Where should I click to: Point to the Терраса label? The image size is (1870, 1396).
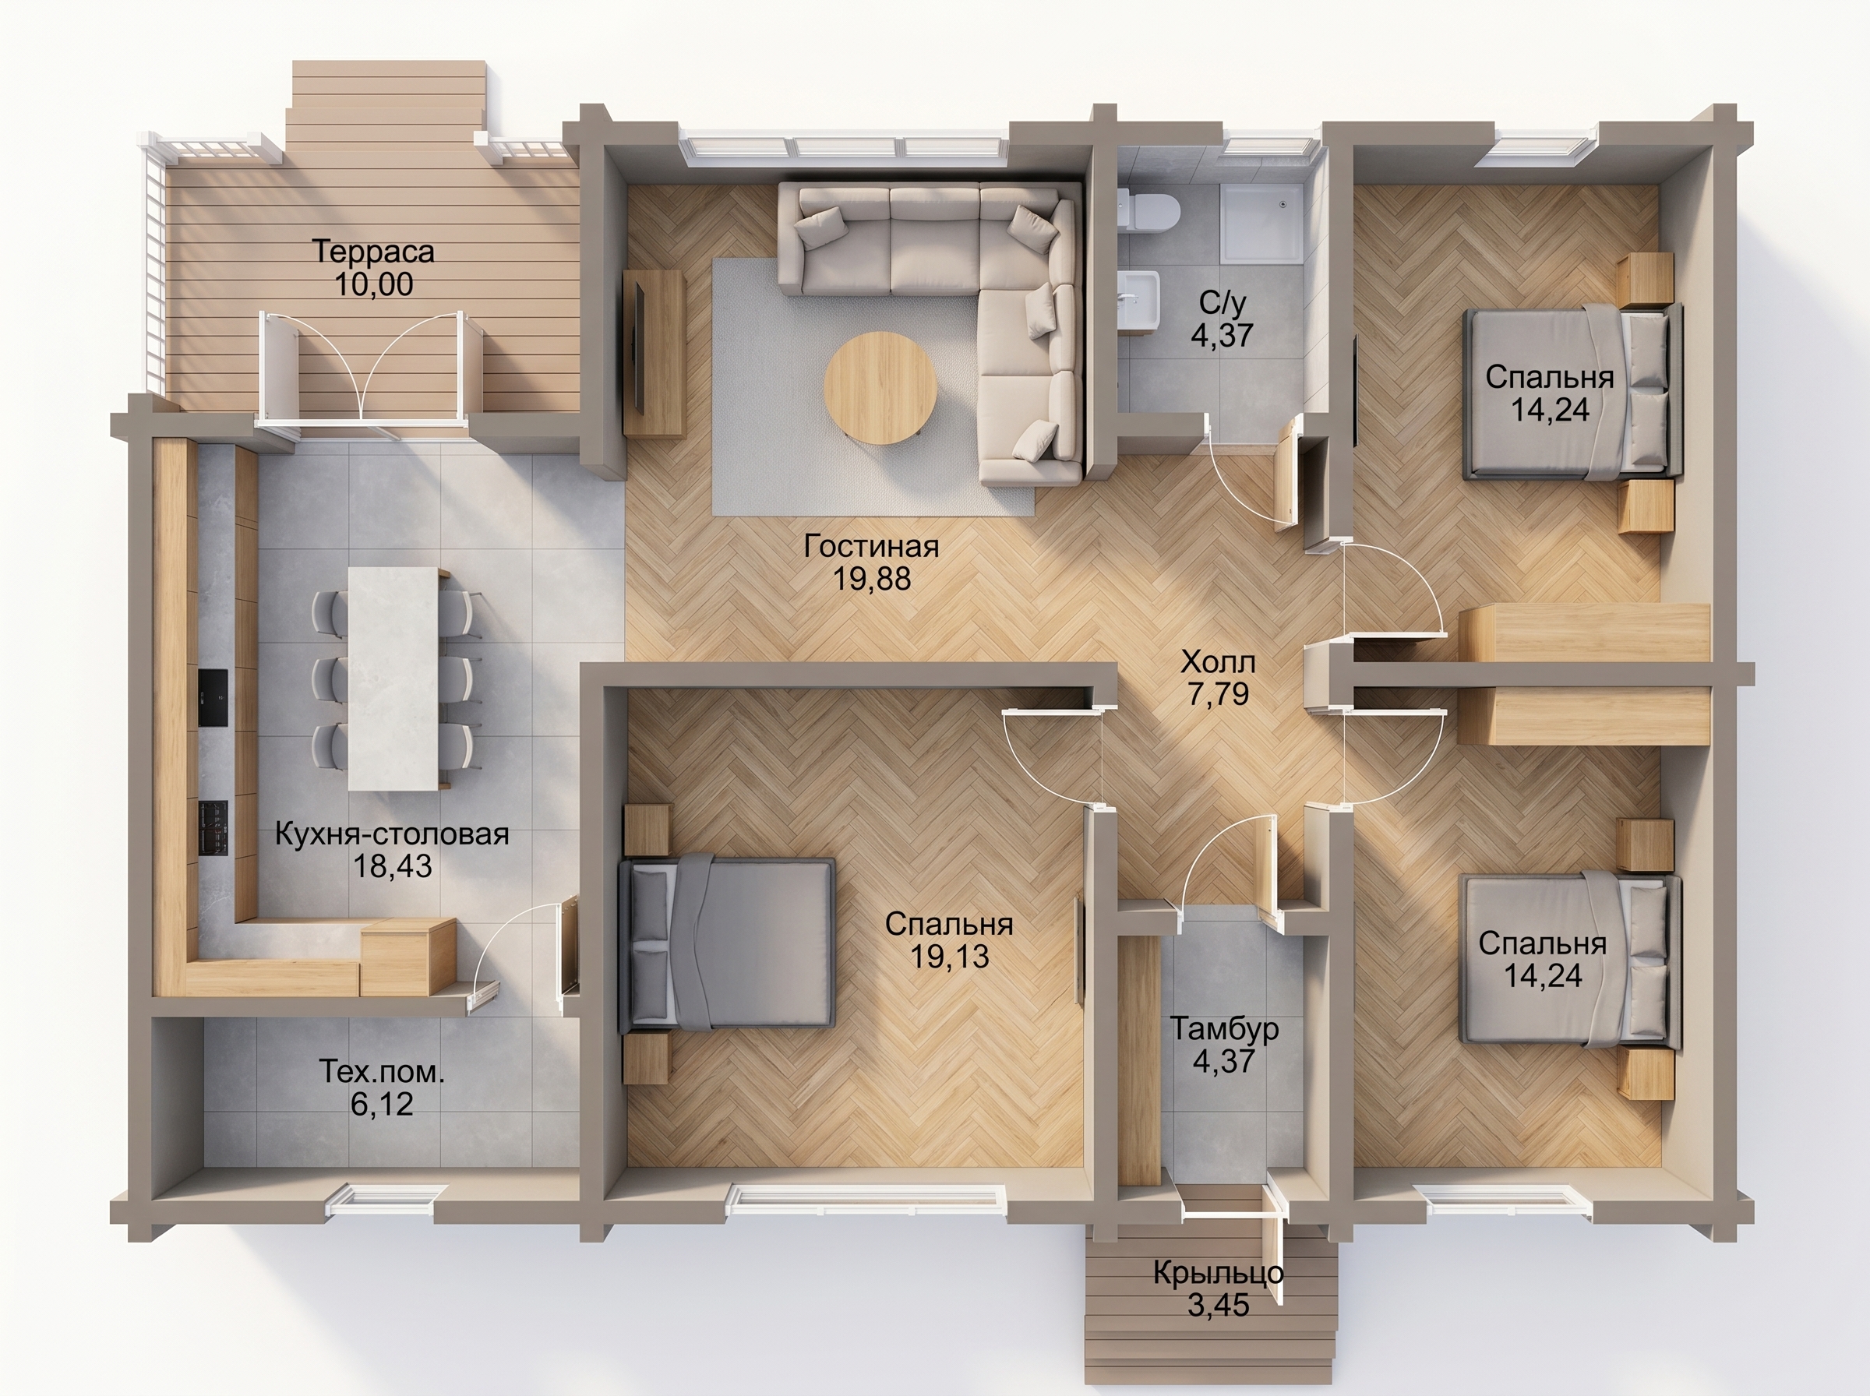click(372, 251)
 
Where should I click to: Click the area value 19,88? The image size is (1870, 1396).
click(872, 579)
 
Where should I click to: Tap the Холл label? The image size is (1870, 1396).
click(1218, 661)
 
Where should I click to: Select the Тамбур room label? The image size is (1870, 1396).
click(1224, 1028)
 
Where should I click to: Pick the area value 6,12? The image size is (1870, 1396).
click(382, 1105)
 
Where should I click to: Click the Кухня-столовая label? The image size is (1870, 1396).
click(392, 834)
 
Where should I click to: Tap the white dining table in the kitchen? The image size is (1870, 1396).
click(393, 678)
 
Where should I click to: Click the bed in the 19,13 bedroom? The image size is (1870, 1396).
click(727, 944)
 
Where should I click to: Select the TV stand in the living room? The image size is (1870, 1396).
click(652, 352)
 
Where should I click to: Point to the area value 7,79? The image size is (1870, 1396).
click(1218, 694)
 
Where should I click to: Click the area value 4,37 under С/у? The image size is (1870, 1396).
click(1222, 336)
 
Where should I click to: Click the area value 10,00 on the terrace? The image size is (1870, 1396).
click(374, 285)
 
